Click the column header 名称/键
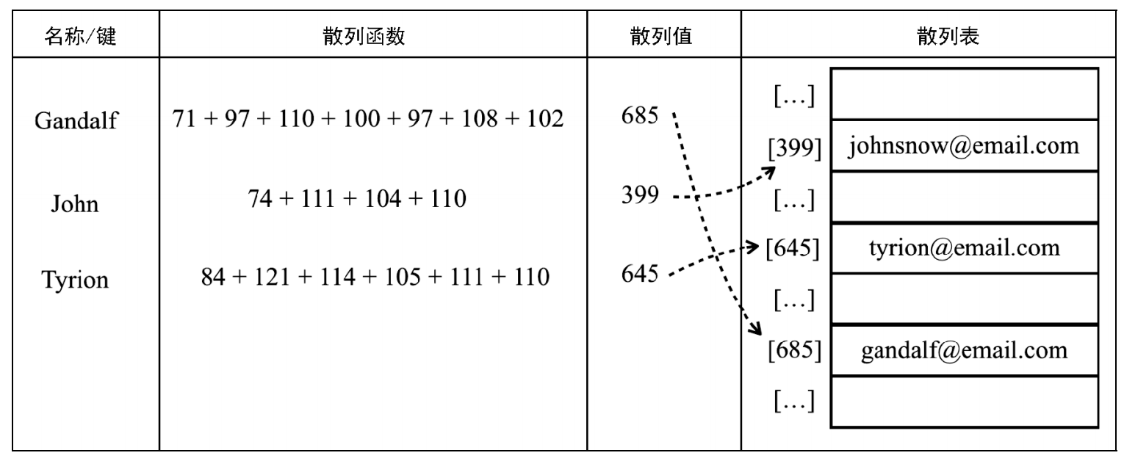pos(80,36)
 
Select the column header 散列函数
pos(364,36)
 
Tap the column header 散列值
pos(661,36)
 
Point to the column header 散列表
pos(948,36)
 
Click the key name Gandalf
pos(76,120)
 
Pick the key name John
pos(75,203)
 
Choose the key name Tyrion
pos(75,280)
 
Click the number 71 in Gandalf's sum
pos(184,119)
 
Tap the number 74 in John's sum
pos(260,198)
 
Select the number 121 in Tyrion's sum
pos(272,277)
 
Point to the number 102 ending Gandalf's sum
pos(545,119)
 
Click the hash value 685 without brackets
pos(640,115)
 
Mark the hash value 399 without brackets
pos(640,195)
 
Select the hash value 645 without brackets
pos(640,274)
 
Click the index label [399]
pos(795,148)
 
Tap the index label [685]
pos(795,349)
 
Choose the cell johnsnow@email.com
pos(964,146)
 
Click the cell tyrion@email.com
pos(964,248)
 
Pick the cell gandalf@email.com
pos(964,350)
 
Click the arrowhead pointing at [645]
pos(753,247)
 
